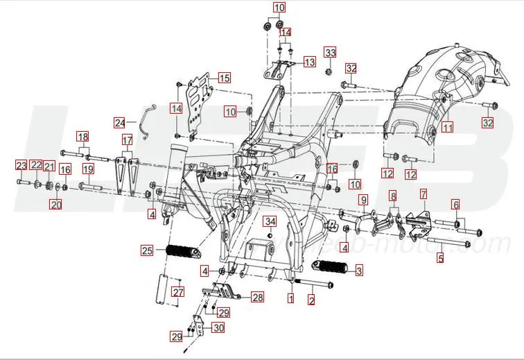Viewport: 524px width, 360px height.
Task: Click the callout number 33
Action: pyautogui.click(x=330, y=53)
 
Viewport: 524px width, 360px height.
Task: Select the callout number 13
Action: pyautogui.click(x=309, y=62)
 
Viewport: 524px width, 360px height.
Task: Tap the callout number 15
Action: pyautogui.click(x=225, y=78)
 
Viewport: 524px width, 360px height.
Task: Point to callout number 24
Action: pyautogui.click(x=121, y=123)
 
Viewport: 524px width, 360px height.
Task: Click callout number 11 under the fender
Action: pyautogui.click(x=448, y=128)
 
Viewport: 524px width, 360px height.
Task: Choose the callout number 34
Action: pyautogui.click(x=270, y=222)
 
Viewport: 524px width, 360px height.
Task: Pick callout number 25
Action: pyautogui.click(x=146, y=250)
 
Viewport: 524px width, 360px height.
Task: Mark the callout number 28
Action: pyautogui.click(x=257, y=298)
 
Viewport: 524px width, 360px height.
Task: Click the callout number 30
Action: pyautogui.click(x=218, y=327)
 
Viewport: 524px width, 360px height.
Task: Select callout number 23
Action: pyautogui.click(x=21, y=165)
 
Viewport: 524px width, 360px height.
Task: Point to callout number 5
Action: pyautogui.click(x=439, y=259)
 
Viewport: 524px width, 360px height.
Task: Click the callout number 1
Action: pyautogui.click(x=291, y=299)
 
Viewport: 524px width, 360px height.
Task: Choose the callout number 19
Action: pyautogui.click(x=88, y=169)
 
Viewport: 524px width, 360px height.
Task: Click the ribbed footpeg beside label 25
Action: pyautogui.click(x=185, y=250)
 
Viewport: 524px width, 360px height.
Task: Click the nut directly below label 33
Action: pyautogui.click(x=330, y=68)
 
